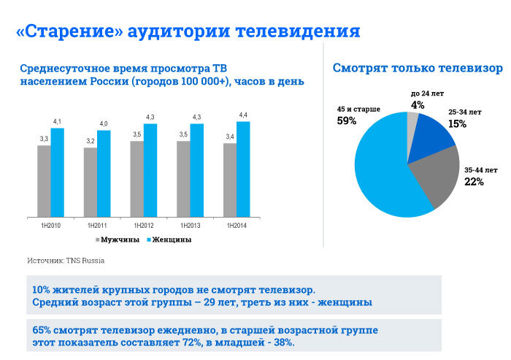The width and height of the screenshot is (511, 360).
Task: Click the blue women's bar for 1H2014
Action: pyautogui.click(x=243, y=169)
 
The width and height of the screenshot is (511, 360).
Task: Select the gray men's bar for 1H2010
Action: pyautogui.click(x=45, y=181)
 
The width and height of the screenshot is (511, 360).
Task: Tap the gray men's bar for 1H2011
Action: pyautogui.click(x=91, y=183)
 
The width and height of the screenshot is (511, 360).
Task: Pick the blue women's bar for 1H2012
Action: pyautogui.click(x=150, y=170)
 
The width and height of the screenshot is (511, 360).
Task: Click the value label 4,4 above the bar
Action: pyautogui.click(x=243, y=115)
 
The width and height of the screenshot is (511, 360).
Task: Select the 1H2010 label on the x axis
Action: pyautogui.click(x=50, y=225)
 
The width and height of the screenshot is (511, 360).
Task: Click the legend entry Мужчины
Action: pyautogui.click(x=117, y=240)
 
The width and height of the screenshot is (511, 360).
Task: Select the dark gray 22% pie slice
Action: pyautogui.click(x=434, y=179)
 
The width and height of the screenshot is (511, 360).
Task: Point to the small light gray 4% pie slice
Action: pyautogui.click(x=412, y=121)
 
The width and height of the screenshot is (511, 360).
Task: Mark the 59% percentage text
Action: pyautogui.click(x=347, y=121)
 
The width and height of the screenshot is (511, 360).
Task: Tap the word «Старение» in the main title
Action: pyautogui.click(x=69, y=31)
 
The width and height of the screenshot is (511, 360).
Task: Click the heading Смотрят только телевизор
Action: pyautogui.click(x=417, y=68)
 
